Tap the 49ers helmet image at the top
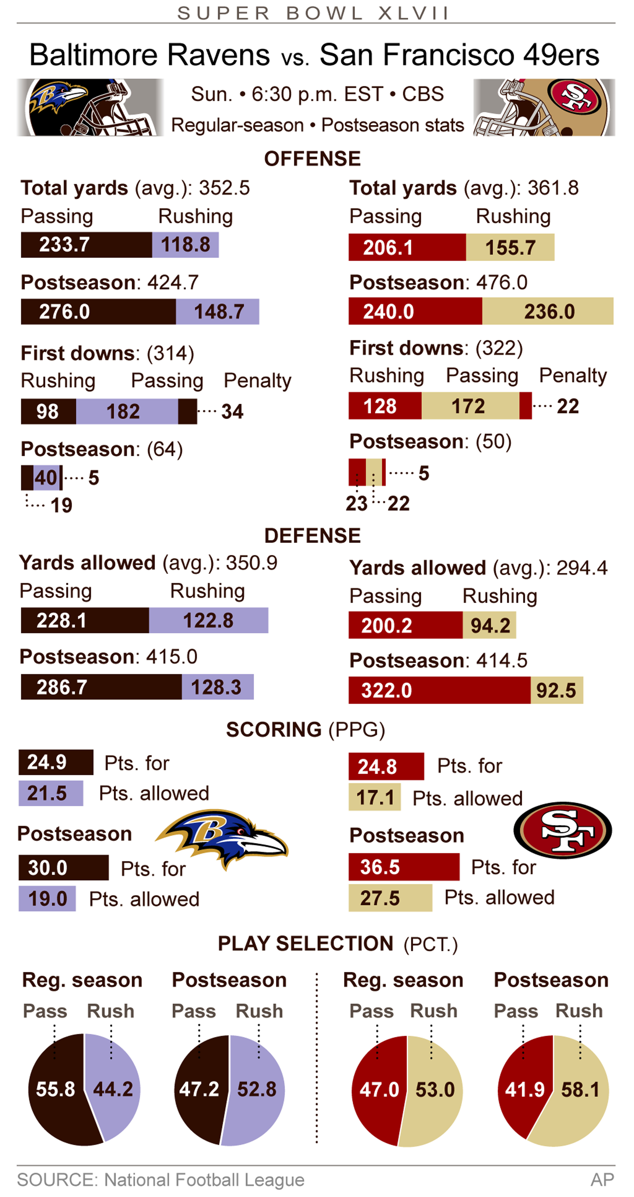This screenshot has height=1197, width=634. [544, 107]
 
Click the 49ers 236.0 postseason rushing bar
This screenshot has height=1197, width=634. [548, 311]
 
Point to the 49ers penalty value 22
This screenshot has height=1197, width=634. [568, 407]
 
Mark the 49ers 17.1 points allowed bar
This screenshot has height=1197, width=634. [374, 798]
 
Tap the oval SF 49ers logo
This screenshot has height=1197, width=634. [562, 830]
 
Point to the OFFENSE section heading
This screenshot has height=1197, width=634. [312, 159]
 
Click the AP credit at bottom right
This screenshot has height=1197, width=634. [602, 1179]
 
